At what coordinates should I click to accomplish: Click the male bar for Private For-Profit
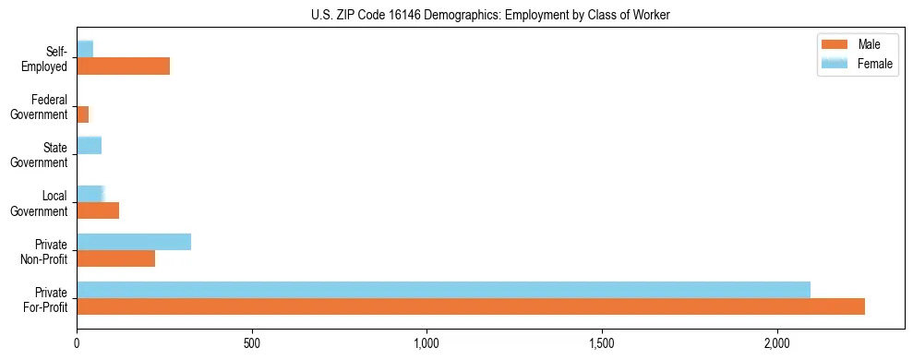(x=471, y=306)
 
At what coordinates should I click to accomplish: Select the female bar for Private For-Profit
(x=443, y=290)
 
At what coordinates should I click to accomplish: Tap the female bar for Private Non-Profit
(x=134, y=242)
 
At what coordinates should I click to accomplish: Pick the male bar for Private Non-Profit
(x=116, y=259)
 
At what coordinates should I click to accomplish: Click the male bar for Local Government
(x=98, y=210)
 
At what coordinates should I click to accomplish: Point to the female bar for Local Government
(x=90, y=194)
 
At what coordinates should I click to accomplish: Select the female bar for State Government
(x=89, y=145)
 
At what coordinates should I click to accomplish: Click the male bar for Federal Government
(x=83, y=114)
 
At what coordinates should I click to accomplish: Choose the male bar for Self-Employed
(x=123, y=66)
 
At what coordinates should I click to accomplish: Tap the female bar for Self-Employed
(x=85, y=49)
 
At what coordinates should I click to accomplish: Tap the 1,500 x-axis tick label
(x=602, y=344)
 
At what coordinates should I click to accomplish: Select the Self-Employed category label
(x=47, y=59)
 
